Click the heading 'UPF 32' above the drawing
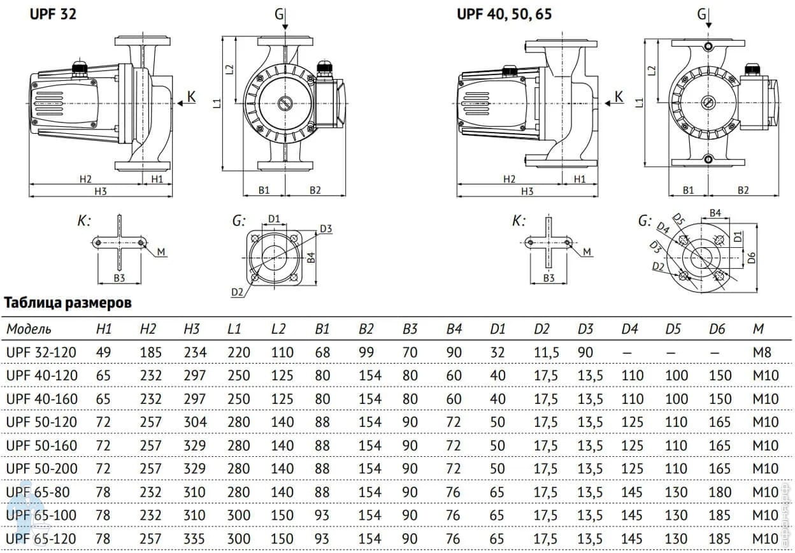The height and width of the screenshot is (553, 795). coord(54,13)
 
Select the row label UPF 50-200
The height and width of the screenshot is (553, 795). coord(41,469)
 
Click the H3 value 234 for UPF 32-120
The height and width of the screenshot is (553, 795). coord(194,352)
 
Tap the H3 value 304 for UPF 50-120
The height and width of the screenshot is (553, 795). coord(194,422)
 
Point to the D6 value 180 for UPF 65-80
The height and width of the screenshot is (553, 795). coord(720,492)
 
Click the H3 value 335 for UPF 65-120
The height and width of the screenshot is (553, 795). coord(194,539)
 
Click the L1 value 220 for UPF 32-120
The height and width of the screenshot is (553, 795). coord(238,352)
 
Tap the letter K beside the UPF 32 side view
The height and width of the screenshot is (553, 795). coord(191,97)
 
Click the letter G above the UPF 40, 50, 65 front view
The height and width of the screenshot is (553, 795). coord(702,13)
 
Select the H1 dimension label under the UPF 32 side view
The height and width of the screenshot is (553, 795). coord(157,180)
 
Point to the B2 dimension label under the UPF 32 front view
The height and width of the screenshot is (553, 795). coord(315,189)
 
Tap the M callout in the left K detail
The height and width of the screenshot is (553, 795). coord(161,253)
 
